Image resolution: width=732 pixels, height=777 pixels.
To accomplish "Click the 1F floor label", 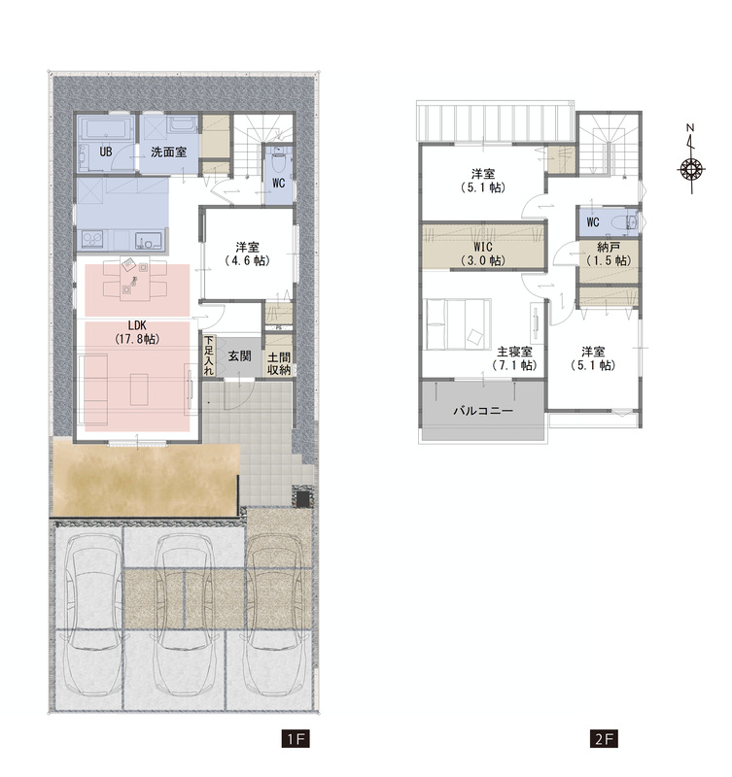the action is (x=296, y=739).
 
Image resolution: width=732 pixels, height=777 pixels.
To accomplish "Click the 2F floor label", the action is (x=604, y=739).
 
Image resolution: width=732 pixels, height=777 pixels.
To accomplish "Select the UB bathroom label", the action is (x=106, y=152).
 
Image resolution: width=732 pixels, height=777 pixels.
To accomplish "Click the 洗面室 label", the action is (x=168, y=152).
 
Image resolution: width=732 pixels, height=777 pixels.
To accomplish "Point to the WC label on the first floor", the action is (x=279, y=183).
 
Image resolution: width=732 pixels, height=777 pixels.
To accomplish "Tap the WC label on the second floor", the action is (x=593, y=222).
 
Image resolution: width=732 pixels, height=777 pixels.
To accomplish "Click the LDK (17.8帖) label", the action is (x=137, y=332).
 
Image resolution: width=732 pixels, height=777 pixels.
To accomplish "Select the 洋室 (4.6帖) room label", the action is (x=247, y=253).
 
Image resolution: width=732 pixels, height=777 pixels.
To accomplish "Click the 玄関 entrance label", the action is (x=239, y=355).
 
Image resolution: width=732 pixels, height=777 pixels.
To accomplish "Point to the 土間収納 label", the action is (x=279, y=363).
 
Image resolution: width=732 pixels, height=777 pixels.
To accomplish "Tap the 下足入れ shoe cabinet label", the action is (x=209, y=355).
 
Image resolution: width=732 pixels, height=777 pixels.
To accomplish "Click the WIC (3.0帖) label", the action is (x=483, y=253).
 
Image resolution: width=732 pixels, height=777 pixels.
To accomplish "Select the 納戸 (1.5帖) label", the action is (x=609, y=253).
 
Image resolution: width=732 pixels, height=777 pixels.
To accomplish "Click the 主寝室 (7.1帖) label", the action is (x=515, y=358).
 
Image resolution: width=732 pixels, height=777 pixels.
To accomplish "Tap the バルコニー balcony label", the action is (x=483, y=411).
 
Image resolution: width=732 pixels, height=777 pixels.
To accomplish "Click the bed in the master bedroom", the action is (x=458, y=324).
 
